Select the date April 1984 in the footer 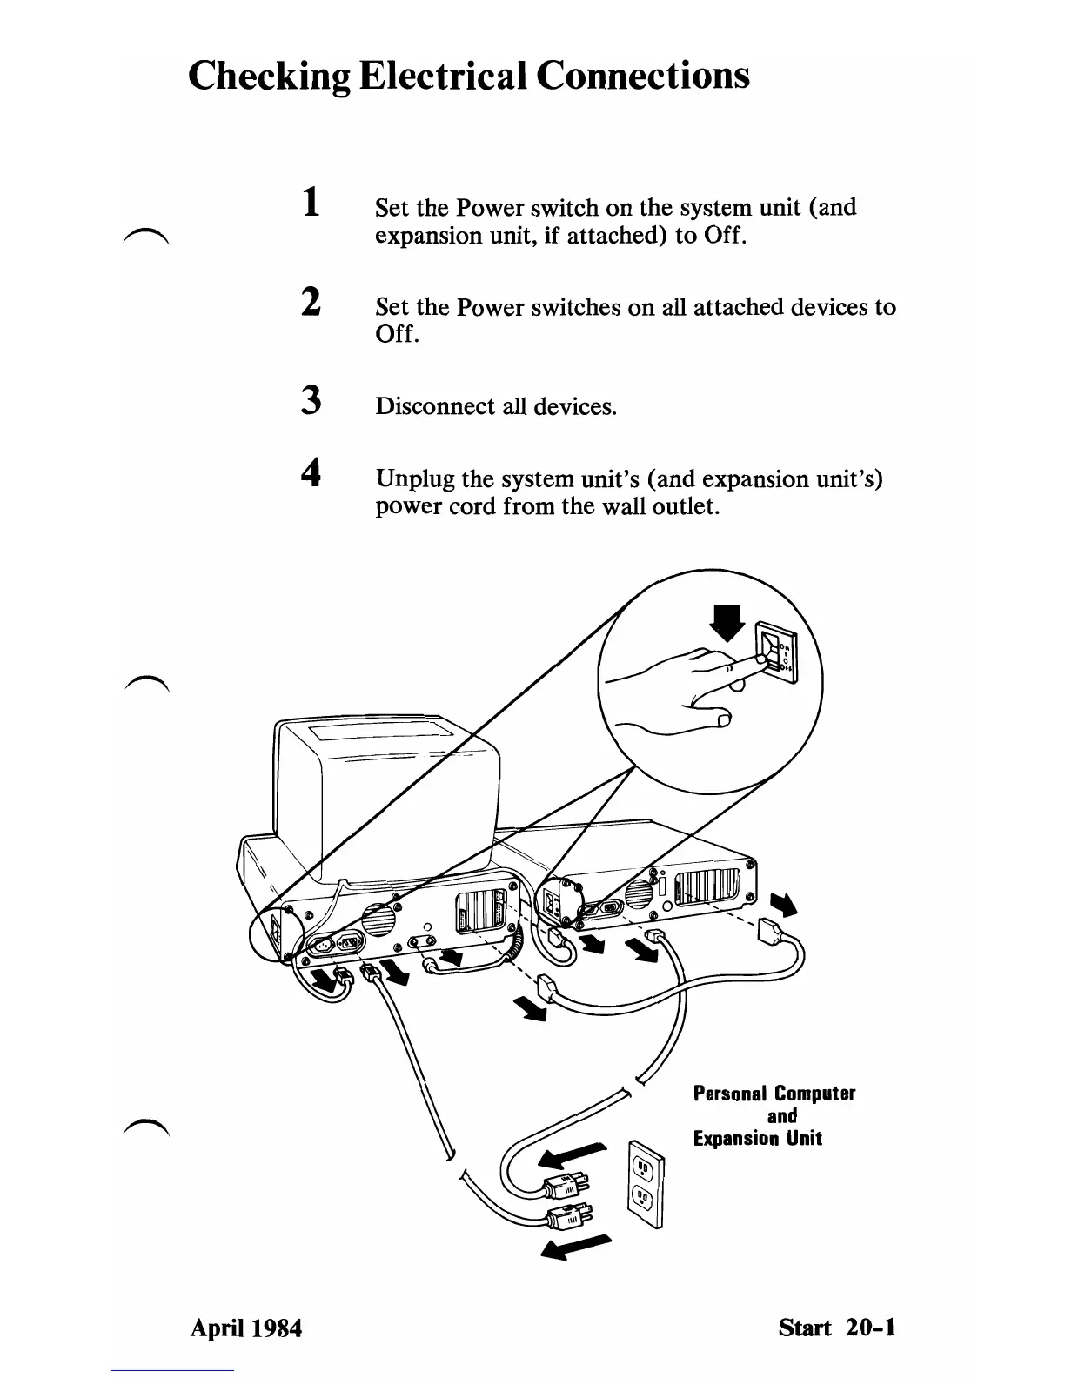point(246,1328)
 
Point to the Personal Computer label point(774,1094)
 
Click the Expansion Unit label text point(757,1139)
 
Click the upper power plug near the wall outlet point(566,1184)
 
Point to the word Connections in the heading point(642,76)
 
